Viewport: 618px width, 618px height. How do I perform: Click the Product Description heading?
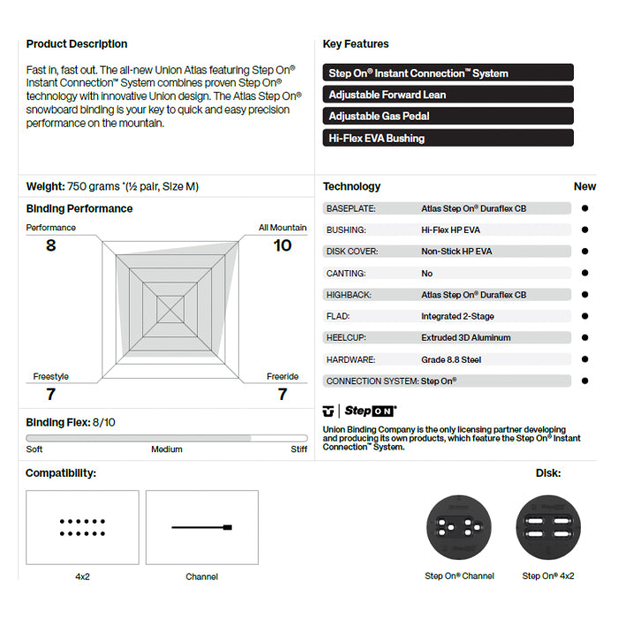click(x=77, y=44)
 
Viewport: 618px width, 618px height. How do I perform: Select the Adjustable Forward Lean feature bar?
click(x=448, y=94)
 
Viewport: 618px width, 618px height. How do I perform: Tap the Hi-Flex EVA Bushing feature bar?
click(x=448, y=138)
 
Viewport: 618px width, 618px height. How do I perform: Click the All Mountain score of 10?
click(x=283, y=245)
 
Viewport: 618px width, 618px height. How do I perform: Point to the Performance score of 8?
click(x=51, y=245)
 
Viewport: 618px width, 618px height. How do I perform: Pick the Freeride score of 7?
click(x=283, y=395)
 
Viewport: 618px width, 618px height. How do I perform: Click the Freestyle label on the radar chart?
click(x=51, y=377)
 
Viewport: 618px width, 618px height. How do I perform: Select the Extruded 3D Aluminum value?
click(x=466, y=338)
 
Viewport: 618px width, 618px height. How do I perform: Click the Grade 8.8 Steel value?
click(x=451, y=360)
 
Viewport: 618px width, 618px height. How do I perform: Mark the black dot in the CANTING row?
click(x=584, y=274)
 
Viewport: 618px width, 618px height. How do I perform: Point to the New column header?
click(x=584, y=187)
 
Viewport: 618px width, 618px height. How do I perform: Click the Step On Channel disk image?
click(x=458, y=528)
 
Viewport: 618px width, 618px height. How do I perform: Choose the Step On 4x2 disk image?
click(x=548, y=528)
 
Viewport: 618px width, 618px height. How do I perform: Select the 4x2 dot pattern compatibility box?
click(x=82, y=527)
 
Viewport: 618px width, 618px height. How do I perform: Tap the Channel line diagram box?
click(x=202, y=527)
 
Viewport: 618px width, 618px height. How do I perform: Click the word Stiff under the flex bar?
click(x=299, y=449)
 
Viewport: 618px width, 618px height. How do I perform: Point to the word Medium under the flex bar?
click(x=167, y=449)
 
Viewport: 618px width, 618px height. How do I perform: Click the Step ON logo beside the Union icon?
click(x=370, y=411)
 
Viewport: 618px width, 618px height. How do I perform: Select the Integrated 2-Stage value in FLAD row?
click(x=457, y=316)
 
